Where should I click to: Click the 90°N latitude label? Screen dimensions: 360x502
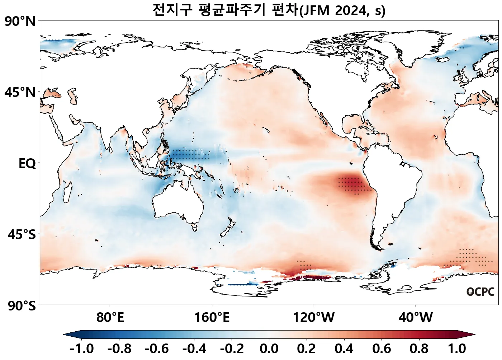click(x=20, y=22)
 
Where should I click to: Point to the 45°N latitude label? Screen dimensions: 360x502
click(x=20, y=93)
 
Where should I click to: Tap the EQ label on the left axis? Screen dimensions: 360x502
click(x=27, y=164)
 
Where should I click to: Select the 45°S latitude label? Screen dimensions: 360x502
click(x=22, y=235)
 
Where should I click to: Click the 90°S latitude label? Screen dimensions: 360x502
click(x=22, y=306)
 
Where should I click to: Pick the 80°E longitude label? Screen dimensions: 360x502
click(x=110, y=318)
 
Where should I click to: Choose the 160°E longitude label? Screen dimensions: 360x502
click(x=212, y=318)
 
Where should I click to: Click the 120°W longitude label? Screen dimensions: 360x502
click(x=314, y=318)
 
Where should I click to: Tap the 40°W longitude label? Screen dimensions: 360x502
click(x=416, y=318)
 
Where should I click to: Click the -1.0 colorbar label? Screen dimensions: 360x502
click(x=82, y=349)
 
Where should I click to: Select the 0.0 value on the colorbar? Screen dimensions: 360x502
click(x=269, y=349)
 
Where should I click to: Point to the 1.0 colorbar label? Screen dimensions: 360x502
click(x=457, y=349)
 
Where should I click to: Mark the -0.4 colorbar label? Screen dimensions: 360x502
click(x=194, y=349)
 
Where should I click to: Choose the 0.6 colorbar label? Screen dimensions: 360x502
click(x=382, y=349)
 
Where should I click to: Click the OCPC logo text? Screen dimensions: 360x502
click(x=480, y=292)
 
